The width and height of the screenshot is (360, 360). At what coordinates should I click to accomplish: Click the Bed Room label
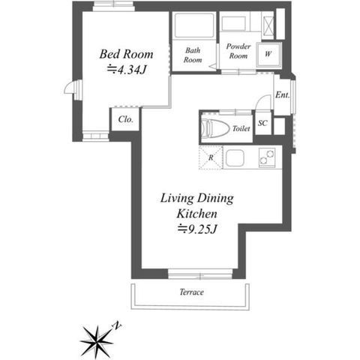tap(126, 54)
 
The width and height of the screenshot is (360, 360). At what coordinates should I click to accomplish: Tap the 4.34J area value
tap(127, 70)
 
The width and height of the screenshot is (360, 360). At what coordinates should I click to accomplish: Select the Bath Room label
tap(193, 55)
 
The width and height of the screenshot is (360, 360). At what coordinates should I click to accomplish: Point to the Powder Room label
tap(238, 51)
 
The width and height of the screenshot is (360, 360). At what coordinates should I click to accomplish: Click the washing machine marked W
tap(268, 54)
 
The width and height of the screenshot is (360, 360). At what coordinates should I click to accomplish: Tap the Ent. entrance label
tap(283, 95)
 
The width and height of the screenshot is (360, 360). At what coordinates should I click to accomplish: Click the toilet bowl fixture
tap(215, 127)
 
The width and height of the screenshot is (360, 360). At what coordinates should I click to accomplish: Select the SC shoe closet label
tap(262, 123)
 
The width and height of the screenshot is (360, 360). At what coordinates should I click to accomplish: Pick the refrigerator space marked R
tap(211, 158)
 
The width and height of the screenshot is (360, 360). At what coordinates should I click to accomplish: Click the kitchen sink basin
tap(235, 159)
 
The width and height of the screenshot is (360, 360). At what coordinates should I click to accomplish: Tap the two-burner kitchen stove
tap(267, 157)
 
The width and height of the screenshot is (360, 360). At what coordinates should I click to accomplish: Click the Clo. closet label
tap(125, 119)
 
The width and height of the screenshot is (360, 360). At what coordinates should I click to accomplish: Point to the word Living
tap(177, 199)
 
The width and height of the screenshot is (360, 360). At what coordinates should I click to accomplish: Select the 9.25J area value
tap(197, 229)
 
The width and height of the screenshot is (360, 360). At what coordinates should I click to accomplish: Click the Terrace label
tap(191, 292)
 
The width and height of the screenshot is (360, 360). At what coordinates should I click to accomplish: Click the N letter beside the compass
tap(117, 325)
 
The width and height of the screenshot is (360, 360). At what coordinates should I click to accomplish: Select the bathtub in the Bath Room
tap(194, 25)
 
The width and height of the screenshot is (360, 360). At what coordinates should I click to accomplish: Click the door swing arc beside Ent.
tap(262, 100)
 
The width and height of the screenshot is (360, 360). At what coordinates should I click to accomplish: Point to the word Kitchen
tap(197, 214)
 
